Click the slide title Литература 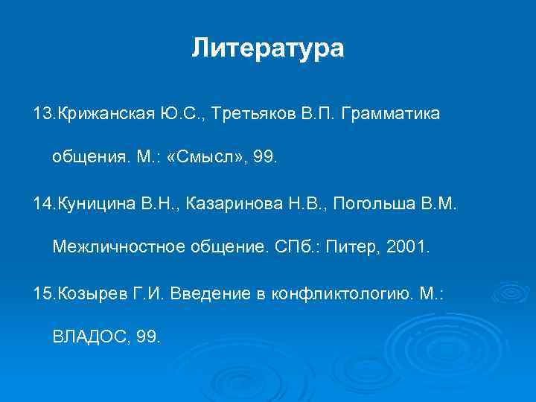tap(267, 48)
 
